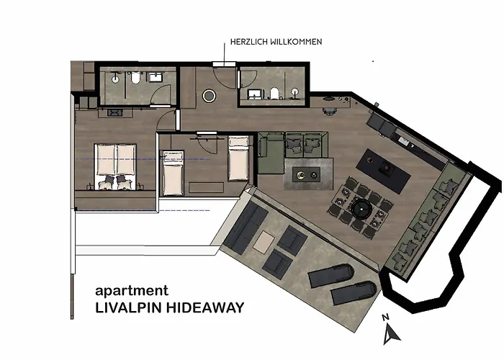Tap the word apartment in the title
(132, 292)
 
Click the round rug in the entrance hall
(210, 94)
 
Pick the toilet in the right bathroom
(275, 92)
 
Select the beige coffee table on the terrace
(264, 240)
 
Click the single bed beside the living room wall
(238, 158)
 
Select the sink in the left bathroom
(154, 76)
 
